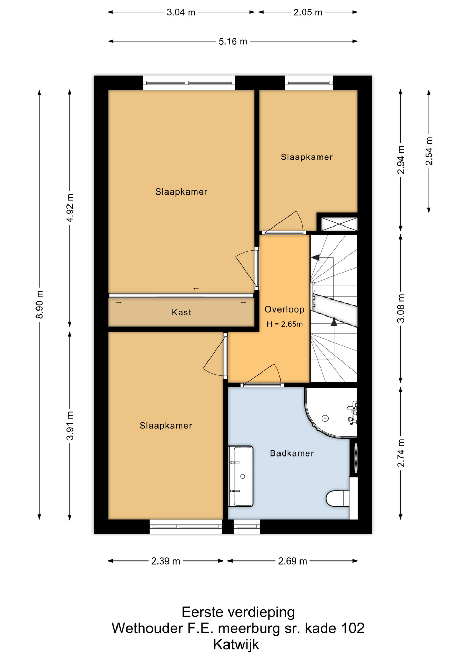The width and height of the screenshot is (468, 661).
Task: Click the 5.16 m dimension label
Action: tap(233, 42)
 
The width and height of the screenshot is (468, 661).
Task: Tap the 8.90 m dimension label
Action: tap(40, 304)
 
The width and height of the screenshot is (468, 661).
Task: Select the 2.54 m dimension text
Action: tap(429, 151)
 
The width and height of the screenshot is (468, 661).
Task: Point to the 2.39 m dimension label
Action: tap(165, 561)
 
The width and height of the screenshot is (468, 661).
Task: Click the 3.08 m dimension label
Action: tap(401, 308)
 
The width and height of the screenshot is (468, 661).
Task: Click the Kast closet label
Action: tap(181, 312)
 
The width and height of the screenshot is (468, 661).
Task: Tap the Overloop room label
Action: tap(284, 309)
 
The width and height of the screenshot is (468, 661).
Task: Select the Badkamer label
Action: tap(292, 453)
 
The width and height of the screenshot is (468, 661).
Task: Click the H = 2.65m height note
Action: tap(284, 324)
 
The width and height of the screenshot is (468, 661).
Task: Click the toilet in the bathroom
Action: tap(338, 499)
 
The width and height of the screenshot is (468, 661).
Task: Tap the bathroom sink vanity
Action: tap(241, 476)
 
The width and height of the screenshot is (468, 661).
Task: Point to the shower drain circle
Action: tap(325, 418)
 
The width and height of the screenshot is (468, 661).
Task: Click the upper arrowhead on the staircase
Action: tap(315, 257)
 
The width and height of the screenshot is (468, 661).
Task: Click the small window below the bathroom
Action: tap(246, 526)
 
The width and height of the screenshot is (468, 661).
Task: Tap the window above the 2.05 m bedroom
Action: tap(309, 83)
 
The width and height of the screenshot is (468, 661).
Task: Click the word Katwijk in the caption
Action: tap(236, 644)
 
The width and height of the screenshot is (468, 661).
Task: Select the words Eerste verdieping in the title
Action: tap(238, 612)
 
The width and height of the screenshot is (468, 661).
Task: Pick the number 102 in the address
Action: tap(353, 628)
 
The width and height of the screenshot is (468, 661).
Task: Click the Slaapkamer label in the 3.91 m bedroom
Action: tap(166, 426)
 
